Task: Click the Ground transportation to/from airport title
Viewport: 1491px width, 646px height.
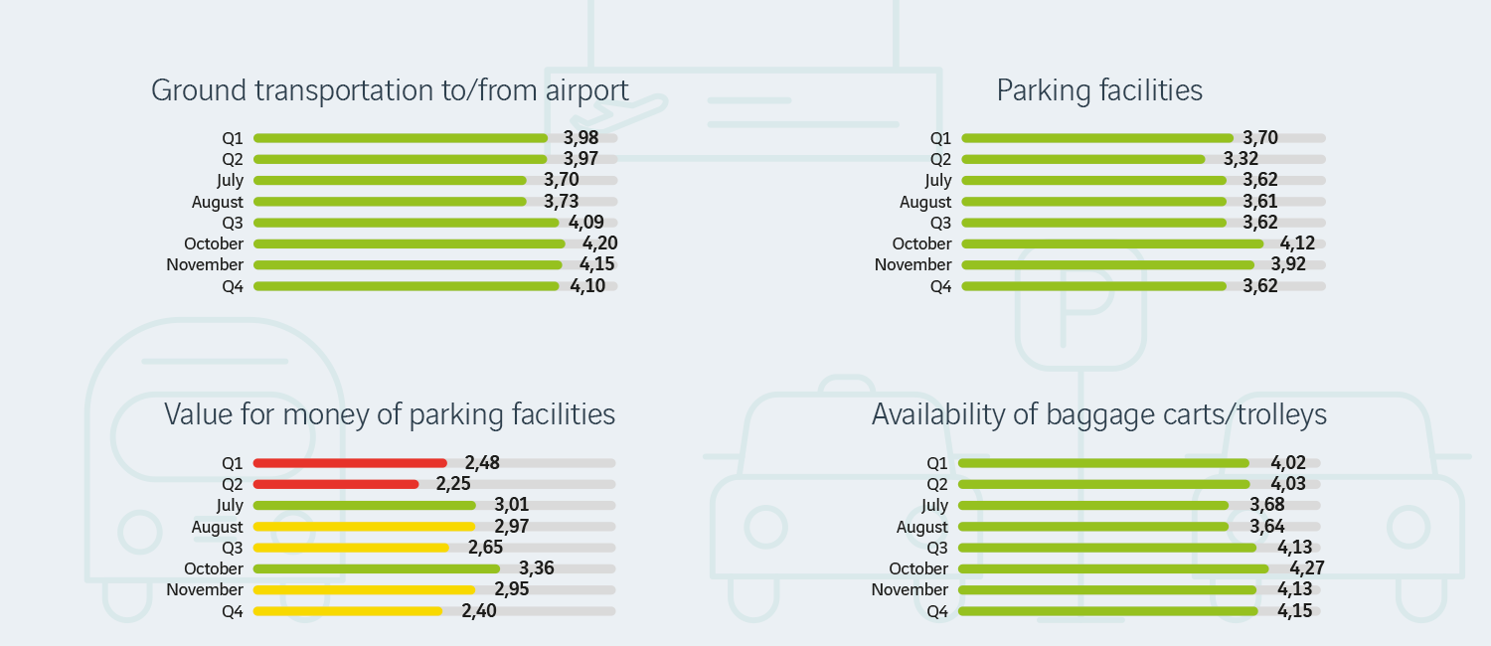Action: click(x=390, y=90)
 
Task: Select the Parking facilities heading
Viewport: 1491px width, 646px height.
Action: click(x=1099, y=90)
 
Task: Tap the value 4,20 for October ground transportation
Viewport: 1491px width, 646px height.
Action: click(x=598, y=243)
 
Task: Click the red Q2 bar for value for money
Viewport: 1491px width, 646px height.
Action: click(x=336, y=484)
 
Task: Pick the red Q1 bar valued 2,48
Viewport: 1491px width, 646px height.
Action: click(x=350, y=463)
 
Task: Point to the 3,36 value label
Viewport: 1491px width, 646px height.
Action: click(x=537, y=568)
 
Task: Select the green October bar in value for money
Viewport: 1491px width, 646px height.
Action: click(x=377, y=568)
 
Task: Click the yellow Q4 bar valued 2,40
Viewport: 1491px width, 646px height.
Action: click(x=348, y=611)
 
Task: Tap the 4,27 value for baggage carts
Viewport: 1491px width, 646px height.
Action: click(x=1307, y=568)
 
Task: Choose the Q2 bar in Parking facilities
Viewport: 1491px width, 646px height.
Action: click(x=1082, y=159)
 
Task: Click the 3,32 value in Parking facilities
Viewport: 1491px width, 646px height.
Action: click(x=1242, y=159)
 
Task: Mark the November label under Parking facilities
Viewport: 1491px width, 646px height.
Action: click(x=912, y=265)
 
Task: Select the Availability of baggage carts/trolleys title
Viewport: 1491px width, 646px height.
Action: click(x=1099, y=414)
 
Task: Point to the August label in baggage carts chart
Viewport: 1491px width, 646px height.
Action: click(x=922, y=528)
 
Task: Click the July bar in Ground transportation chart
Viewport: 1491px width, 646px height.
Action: click(x=390, y=180)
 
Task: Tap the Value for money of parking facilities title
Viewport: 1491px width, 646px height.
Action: click(x=390, y=414)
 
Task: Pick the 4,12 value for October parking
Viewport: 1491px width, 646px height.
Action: click(x=1298, y=243)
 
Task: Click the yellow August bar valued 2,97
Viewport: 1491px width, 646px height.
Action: click(x=364, y=527)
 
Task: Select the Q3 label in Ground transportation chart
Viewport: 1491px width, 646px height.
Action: click(x=233, y=223)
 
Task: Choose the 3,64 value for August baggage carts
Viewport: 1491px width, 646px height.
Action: click(x=1266, y=527)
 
